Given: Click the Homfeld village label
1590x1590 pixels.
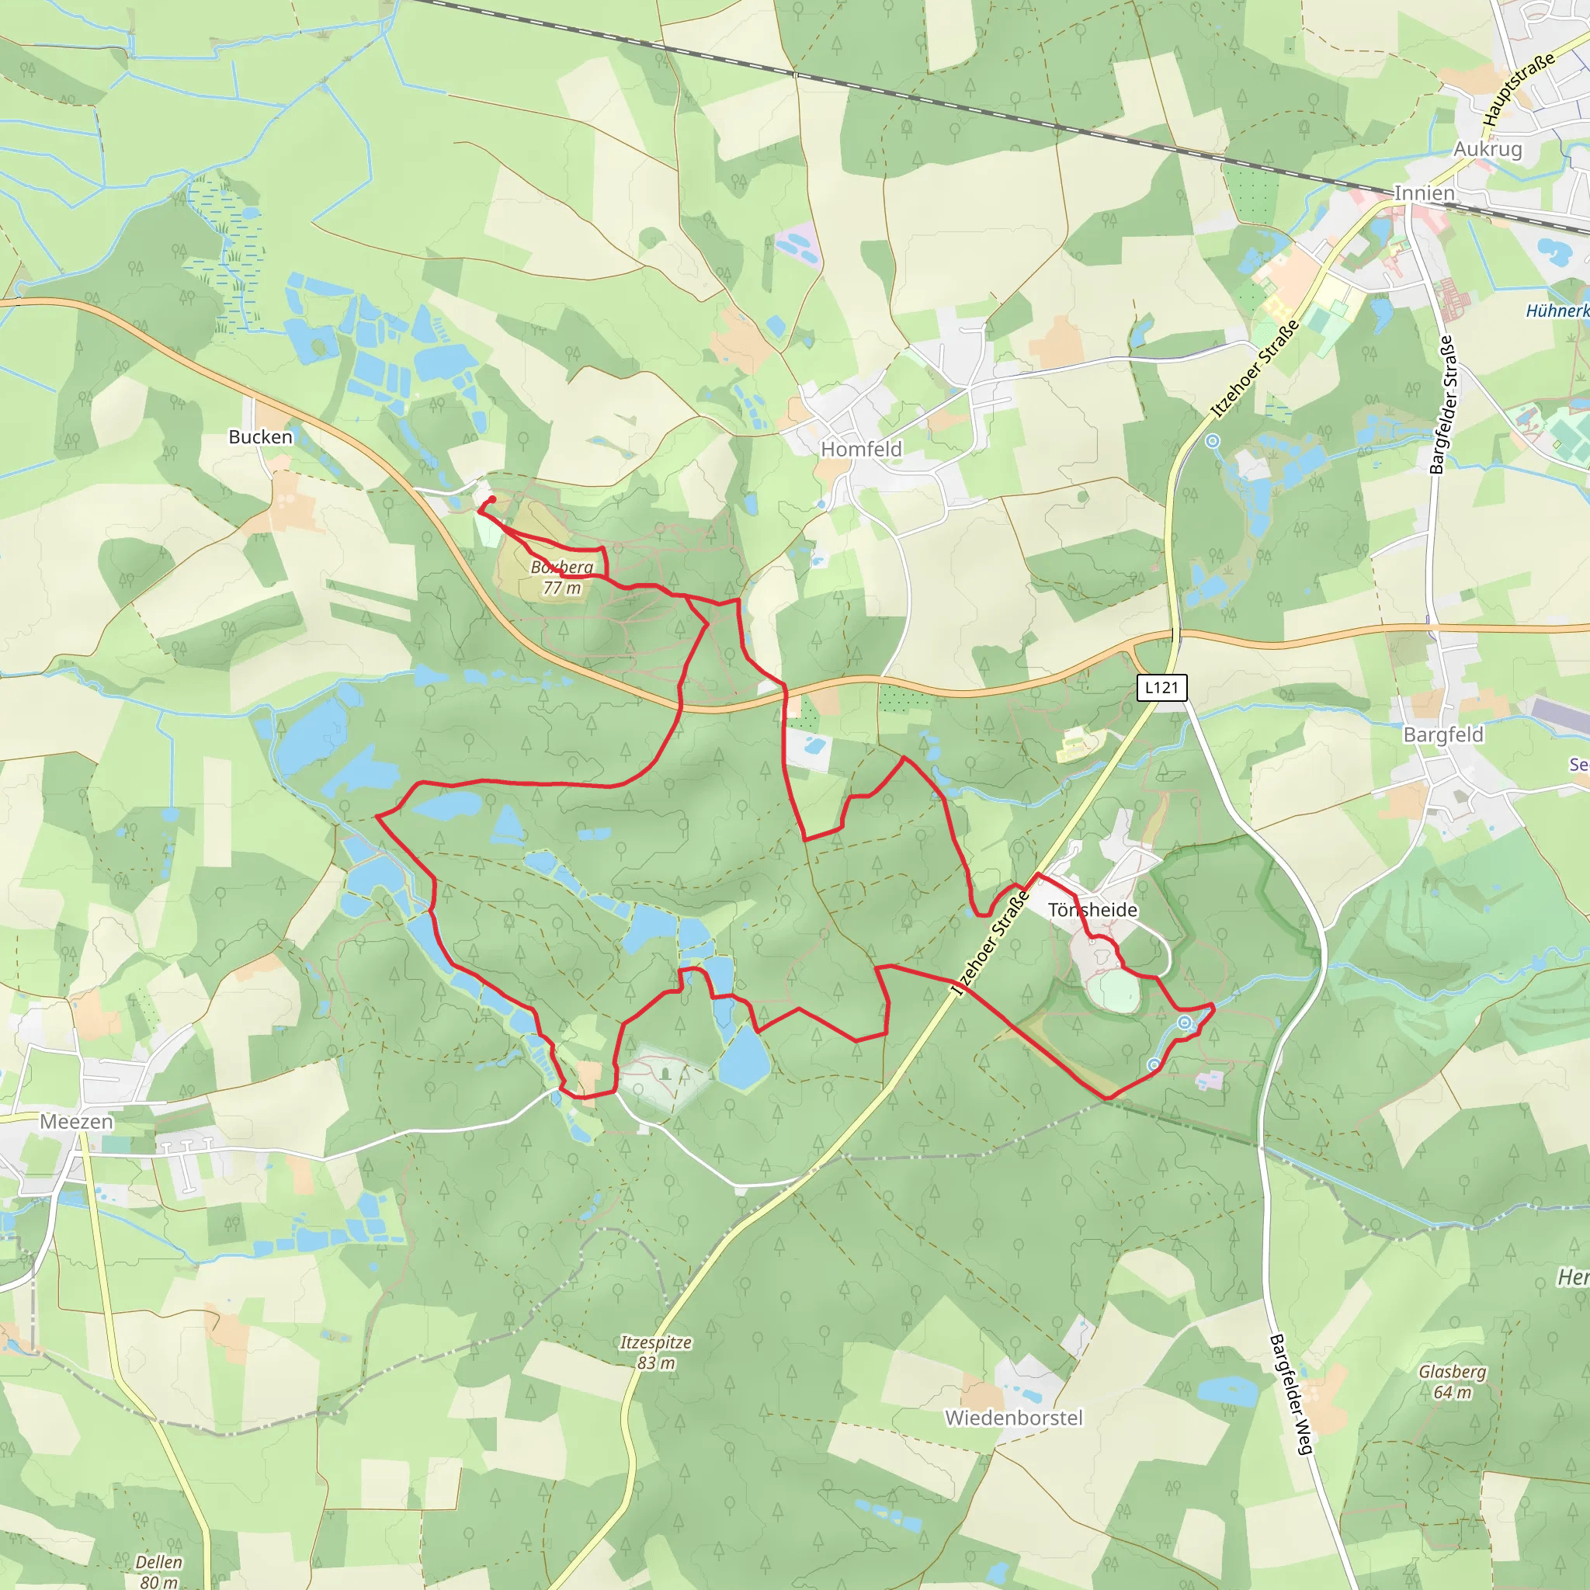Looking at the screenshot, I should click(861, 450).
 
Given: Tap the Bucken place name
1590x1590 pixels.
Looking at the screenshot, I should click(260, 437).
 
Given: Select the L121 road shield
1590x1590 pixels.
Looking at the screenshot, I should click(1161, 687).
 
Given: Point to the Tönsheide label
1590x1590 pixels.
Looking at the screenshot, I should click(1092, 909).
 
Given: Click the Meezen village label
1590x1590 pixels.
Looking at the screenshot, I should click(77, 1121).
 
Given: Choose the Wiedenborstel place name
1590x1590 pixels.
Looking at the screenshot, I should click(1013, 1417).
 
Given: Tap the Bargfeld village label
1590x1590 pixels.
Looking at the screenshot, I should click(1442, 734).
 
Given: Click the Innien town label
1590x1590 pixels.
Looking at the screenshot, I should click(1423, 193).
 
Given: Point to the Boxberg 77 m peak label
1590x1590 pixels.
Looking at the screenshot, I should click(562, 577).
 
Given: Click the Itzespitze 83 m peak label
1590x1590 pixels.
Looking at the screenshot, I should click(656, 1352).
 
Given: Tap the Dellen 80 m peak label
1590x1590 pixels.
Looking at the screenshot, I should click(159, 1571).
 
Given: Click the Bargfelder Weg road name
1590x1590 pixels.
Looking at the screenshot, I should click(1290, 1394).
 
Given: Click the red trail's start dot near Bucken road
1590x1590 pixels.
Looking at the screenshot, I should click(491, 498).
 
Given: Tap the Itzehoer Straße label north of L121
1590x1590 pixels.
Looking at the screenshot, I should click(1255, 368).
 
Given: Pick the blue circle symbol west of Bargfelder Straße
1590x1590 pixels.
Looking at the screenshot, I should click(1212, 441).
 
